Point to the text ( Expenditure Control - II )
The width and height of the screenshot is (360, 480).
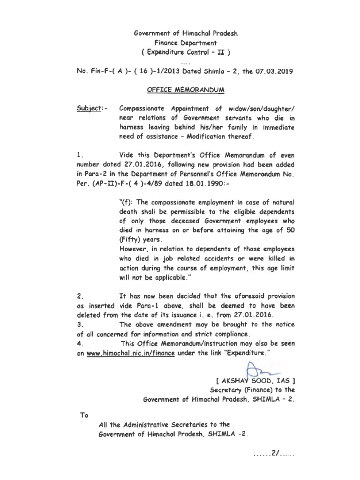point(180,52)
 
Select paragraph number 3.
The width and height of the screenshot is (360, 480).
point(79,324)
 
